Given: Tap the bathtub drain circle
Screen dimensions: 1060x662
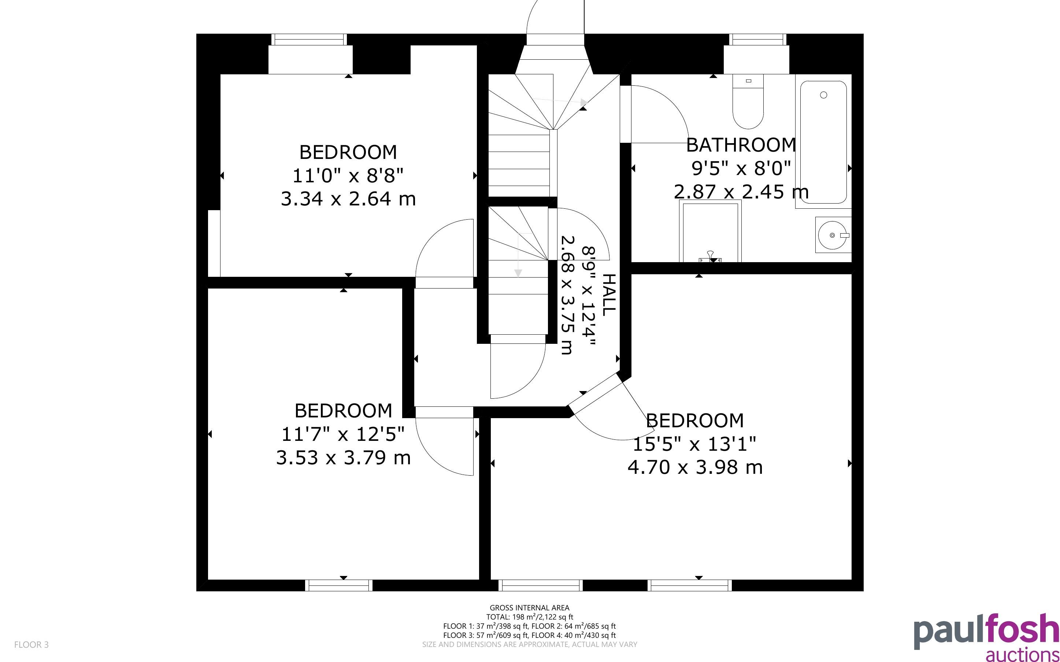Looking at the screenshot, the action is click(x=823, y=95).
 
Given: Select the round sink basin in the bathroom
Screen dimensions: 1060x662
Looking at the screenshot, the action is click(x=832, y=235).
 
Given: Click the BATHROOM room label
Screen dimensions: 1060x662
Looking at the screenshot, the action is click(x=741, y=145).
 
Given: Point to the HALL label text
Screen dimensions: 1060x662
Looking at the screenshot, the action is click(x=609, y=295).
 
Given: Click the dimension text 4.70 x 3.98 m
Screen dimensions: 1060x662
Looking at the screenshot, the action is click(x=695, y=467).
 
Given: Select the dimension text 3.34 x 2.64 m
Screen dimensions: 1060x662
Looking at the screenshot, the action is click(x=348, y=199).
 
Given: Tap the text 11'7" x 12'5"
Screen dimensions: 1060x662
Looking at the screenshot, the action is click(x=343, y=434).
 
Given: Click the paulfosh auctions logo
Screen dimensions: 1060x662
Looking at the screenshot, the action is click(x=986, y=637).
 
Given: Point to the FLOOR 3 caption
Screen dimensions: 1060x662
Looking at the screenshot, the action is click(x=31, y=644).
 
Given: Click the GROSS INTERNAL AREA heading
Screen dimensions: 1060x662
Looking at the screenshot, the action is click(x=529, y=608).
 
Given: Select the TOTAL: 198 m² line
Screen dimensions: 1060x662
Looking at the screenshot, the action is click(x=529, y=617).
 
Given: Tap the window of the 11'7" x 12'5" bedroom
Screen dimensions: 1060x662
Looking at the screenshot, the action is click(x=339, y=585).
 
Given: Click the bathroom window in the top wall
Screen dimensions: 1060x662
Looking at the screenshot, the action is click(x=757, y=40).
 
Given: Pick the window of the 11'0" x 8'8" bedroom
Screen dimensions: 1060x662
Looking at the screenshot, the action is click(x=309, y=40).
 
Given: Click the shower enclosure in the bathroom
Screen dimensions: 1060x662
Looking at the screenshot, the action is click(x=710, y=231).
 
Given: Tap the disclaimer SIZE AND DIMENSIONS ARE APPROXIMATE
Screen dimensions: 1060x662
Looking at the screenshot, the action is click(x=529, y=644).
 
